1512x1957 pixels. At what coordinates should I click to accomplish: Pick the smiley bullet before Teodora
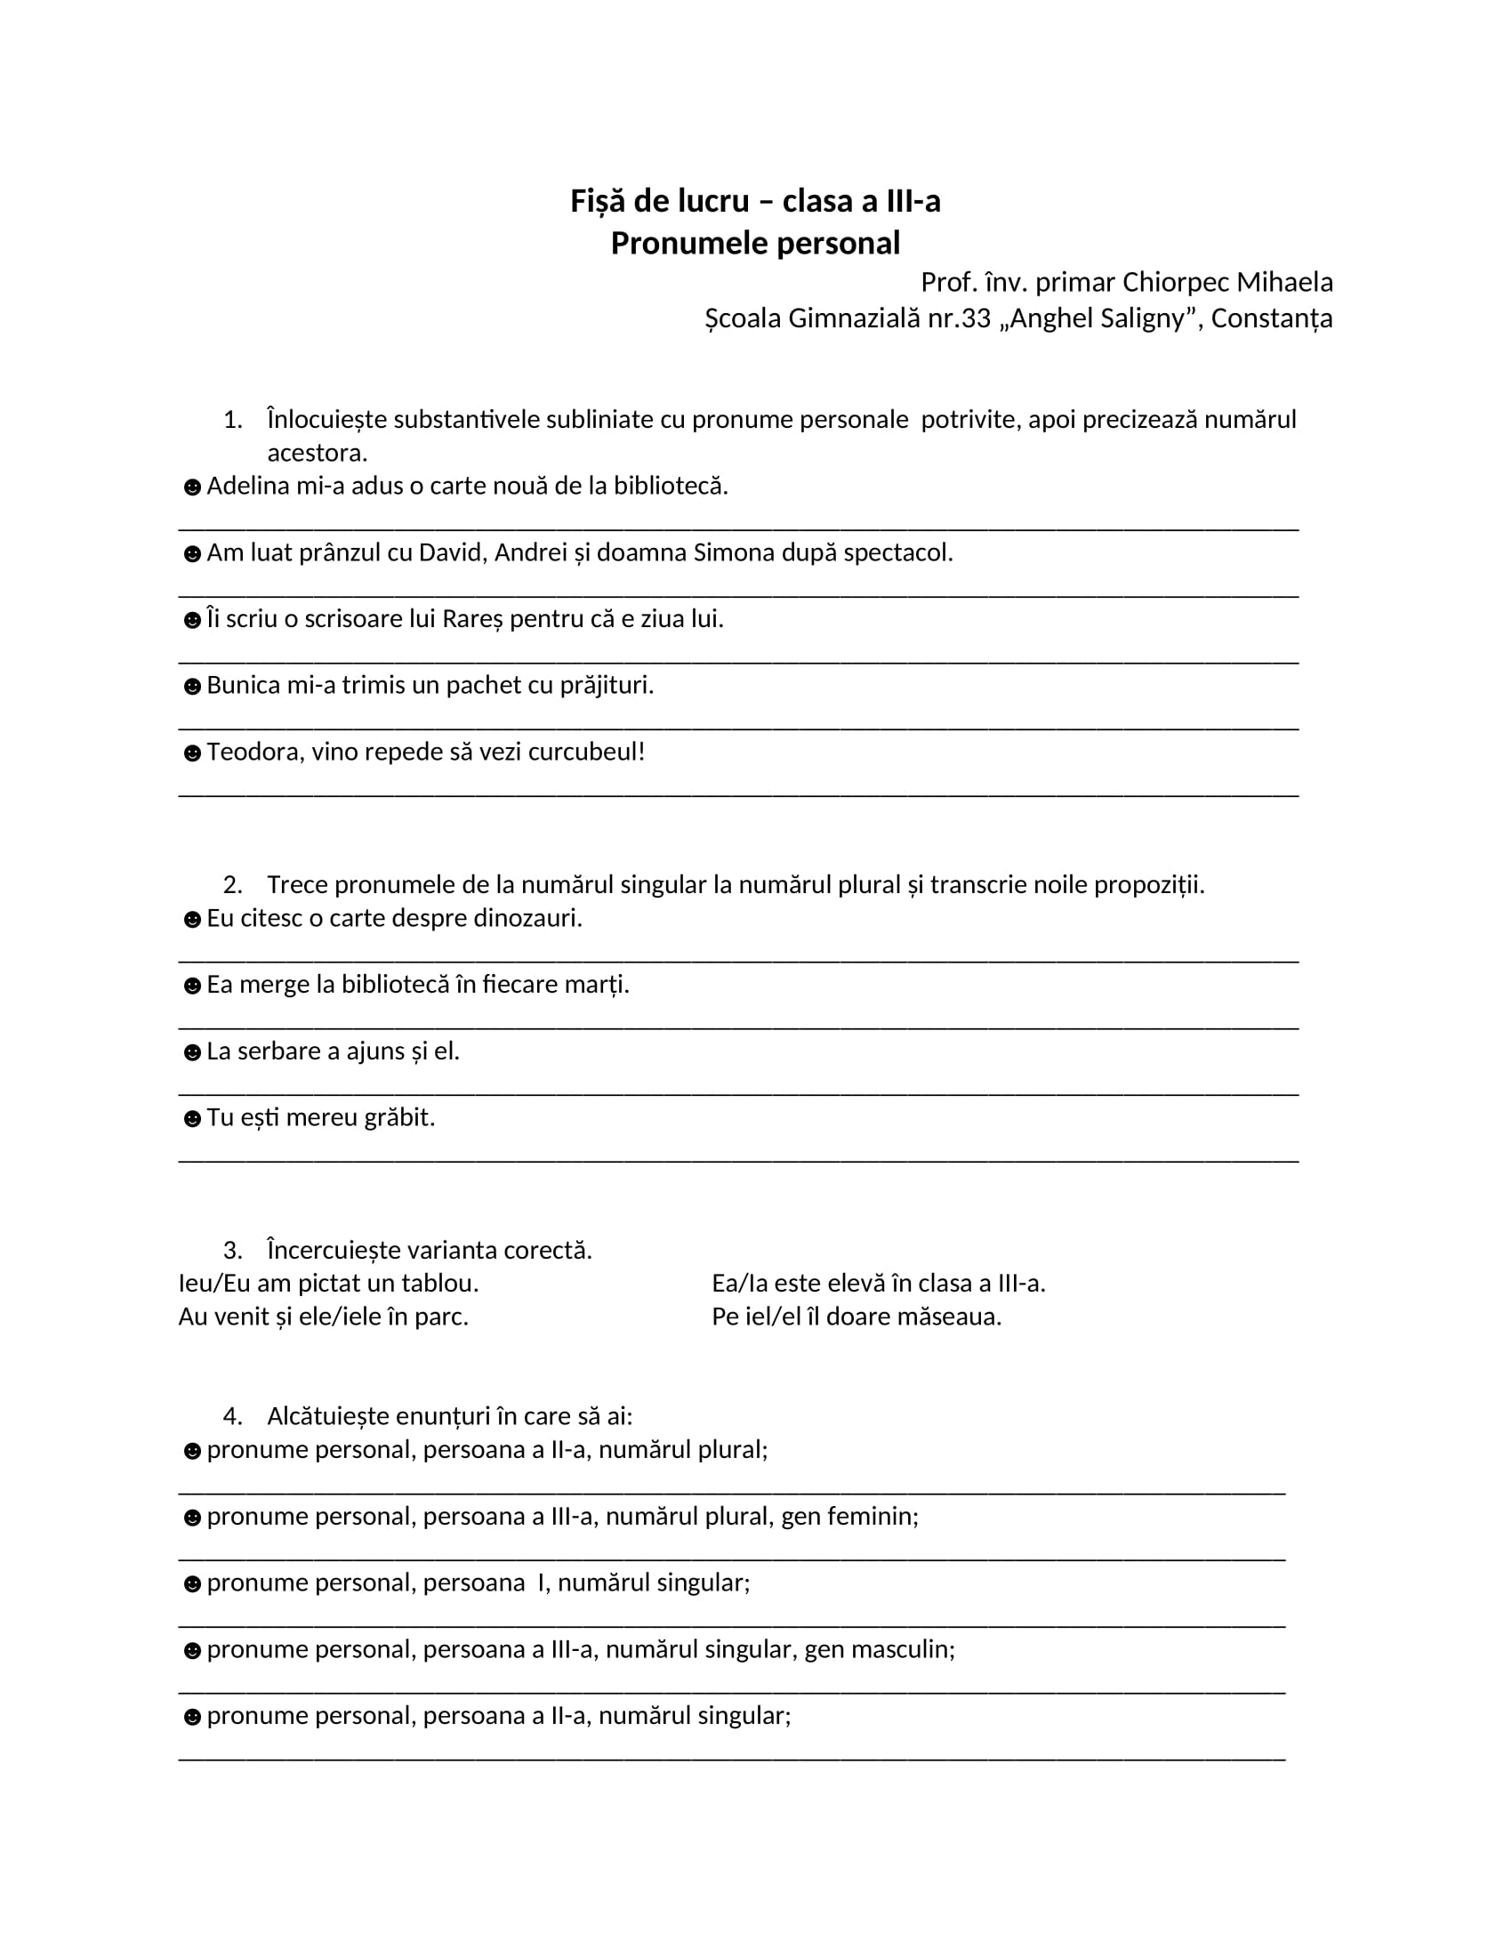click(x=192, y=753)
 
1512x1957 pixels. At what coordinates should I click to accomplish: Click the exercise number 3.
click(x=232, y=1250)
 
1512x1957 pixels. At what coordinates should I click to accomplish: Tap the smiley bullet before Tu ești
click(x=192, y=1119)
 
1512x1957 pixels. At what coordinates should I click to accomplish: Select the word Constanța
click(x=1272, y=318)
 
